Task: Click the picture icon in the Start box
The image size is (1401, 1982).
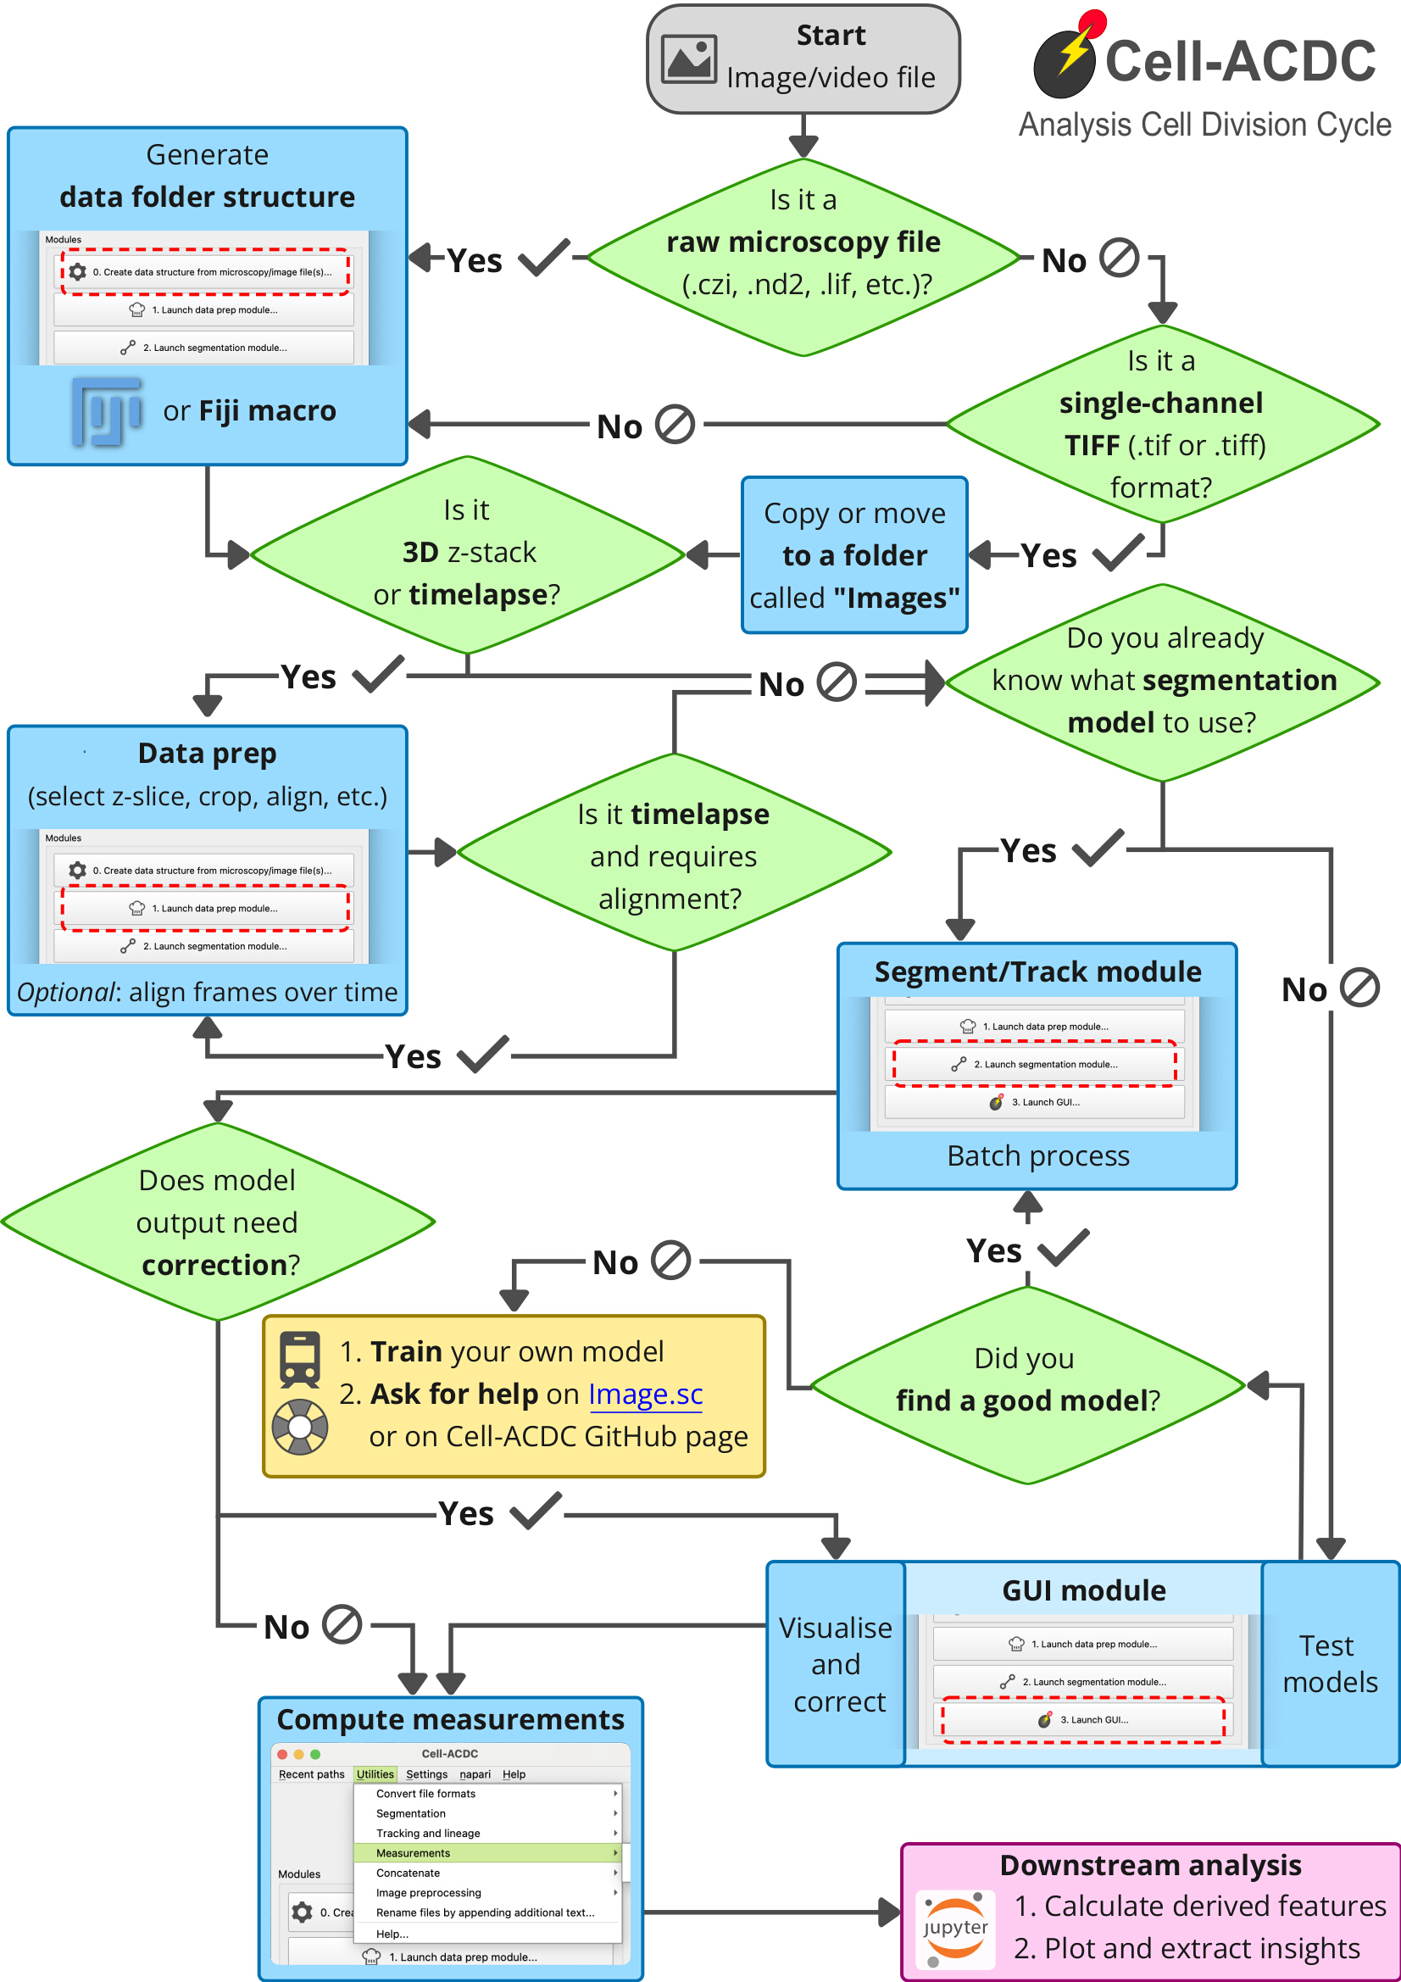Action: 688,58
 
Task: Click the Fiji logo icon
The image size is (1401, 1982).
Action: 107,411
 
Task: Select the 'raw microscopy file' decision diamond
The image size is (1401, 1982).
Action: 803,257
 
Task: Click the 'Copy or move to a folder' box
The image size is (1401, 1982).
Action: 853,555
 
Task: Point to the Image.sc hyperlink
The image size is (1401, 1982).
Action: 645,1395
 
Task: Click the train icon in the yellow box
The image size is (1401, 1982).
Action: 299,1359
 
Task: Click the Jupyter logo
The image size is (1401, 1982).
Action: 954,1929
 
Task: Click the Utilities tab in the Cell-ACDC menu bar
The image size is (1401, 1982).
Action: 375,1774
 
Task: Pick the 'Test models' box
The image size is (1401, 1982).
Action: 1329,1663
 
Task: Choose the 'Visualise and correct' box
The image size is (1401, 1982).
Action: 836,1663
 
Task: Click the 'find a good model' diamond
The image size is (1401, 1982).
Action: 1027,1385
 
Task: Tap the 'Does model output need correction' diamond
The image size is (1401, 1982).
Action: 218,1222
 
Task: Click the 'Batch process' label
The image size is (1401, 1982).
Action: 1037,1155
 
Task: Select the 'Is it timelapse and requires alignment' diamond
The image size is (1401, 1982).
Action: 673,853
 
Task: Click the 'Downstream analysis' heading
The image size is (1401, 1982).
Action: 1150,1865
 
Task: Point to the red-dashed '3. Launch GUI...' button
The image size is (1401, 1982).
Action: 1082,1719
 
